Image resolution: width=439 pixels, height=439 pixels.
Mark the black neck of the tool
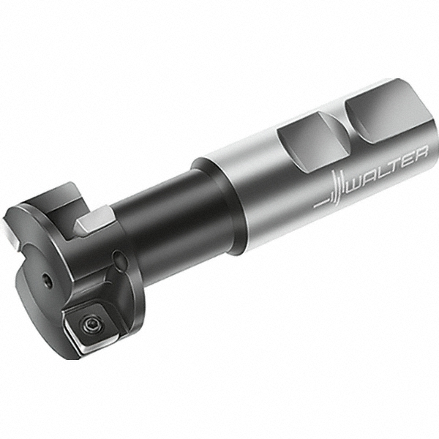pos(172,219)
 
